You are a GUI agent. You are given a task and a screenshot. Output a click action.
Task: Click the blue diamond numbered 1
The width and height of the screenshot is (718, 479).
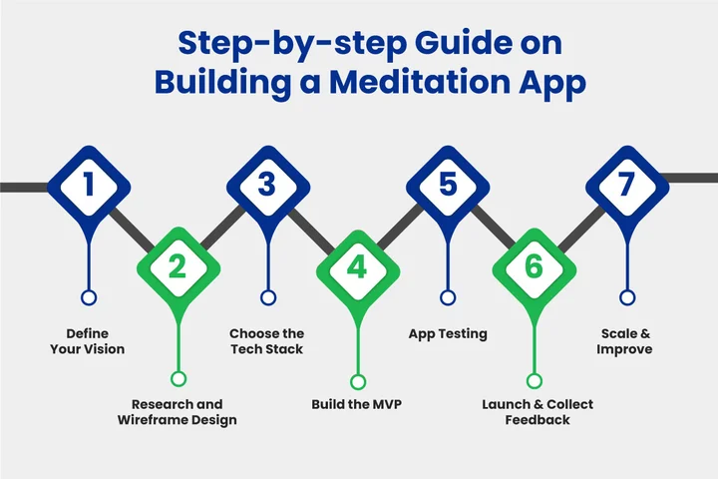pyautogui.click(x=90, y=186)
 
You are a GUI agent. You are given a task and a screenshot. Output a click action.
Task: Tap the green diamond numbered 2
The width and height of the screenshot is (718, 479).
pyautogui.click(x=179, y=266)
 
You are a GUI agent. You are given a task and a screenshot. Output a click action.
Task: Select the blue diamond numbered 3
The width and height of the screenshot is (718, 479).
pyautogui.click(x=267, y=186)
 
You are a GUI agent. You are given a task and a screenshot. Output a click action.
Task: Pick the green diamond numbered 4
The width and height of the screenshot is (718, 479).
pyautogui.click(x=358, y=266)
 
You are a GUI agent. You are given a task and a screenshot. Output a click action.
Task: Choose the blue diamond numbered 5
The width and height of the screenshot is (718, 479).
pyautogui.click(x=448, y=186)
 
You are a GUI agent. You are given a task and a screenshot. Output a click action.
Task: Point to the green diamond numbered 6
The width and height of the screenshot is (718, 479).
pyautogui.click(x=536, y=266)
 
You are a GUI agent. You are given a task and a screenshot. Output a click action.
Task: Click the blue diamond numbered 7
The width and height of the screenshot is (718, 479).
pyautogui.click(x=626, y=186)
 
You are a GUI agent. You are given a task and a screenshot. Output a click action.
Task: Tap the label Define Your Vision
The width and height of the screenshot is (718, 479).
pyautogui.click(x=89, y=341)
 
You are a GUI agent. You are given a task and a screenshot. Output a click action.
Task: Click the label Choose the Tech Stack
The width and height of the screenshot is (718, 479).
pyautogui.click(x=266, y=341)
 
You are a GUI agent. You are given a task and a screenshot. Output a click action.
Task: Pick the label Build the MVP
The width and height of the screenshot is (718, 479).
pyautogui.click(x=358, y=404)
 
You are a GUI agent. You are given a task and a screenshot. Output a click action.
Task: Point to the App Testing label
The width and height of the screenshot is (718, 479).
pyautogui.click(x=448, y=333)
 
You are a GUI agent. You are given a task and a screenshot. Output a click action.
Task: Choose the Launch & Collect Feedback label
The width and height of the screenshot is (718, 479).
pyautogui.click(x=537, y=412)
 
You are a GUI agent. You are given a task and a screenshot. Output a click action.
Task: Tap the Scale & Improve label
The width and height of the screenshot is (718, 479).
pyautogui.click(x=625, y=341)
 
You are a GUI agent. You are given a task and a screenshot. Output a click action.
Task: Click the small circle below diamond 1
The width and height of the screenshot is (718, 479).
pyautogui.click(x=89, y=297)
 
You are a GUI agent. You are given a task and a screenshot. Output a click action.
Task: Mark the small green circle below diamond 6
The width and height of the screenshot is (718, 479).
pyautogui.click(x=535, y=379)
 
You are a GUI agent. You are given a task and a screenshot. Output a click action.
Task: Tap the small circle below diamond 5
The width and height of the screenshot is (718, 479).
pyautogui.click(x=448, y=297)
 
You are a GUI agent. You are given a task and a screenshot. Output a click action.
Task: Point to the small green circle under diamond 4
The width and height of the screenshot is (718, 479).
pyautogui.click(x=358, y=379)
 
